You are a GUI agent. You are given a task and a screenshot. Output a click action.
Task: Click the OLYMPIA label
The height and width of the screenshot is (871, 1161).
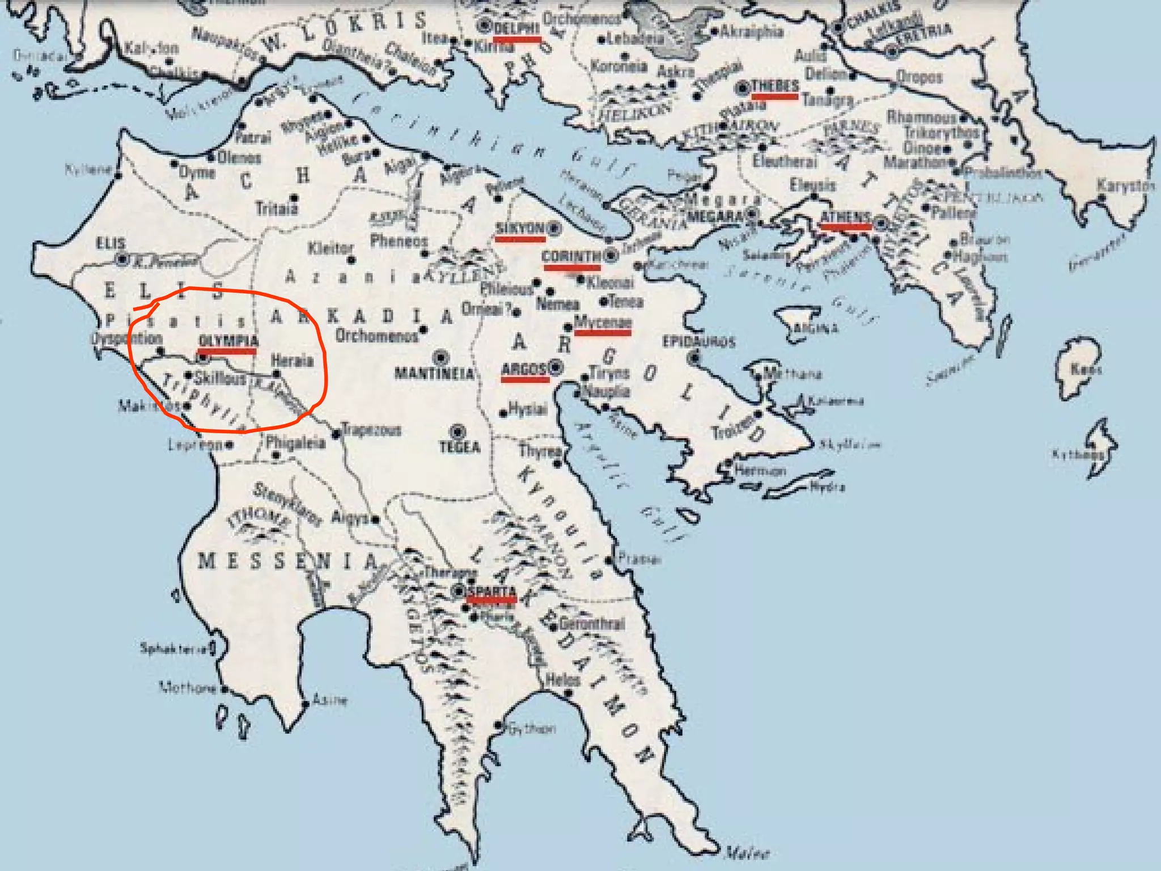(228, 341)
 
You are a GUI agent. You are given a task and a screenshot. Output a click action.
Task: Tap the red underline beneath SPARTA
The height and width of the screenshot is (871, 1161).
(491, 599)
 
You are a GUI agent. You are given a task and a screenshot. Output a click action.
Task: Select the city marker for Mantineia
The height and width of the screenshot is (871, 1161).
(440, 358)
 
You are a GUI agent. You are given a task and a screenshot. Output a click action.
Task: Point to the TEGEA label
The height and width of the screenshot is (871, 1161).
(460, 447)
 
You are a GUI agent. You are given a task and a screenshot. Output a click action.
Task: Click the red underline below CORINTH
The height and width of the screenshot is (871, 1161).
(571, 267)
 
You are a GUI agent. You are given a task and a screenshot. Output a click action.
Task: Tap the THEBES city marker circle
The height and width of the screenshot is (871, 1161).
(742, 88)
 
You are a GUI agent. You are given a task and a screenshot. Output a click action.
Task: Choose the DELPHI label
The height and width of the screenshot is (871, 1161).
(516, 28)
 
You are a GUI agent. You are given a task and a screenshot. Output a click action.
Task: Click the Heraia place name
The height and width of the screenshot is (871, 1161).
(292, 361)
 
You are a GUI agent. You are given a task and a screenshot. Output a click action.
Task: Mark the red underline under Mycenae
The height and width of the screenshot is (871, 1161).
(603, 333)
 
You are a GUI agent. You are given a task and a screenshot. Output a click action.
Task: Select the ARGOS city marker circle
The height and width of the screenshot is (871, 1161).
(556, 368)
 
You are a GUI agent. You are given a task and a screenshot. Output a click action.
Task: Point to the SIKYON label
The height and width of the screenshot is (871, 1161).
(519, 228)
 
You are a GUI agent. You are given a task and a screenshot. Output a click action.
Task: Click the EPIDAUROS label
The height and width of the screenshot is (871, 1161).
(698, 341)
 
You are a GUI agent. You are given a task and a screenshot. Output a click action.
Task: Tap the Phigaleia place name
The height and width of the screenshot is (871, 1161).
(295, 443)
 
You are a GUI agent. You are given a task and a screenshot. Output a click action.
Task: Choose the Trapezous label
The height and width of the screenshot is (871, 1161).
(371, 430)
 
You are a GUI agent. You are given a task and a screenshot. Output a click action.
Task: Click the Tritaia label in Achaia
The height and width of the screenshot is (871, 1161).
(277, 209)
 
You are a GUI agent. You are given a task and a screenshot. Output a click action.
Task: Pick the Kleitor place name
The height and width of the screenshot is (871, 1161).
(330, 248)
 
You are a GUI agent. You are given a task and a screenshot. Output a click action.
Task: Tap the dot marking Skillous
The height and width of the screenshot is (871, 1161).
(189, 375)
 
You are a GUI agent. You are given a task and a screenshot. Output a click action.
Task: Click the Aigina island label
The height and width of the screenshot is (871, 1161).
(815, 328)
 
